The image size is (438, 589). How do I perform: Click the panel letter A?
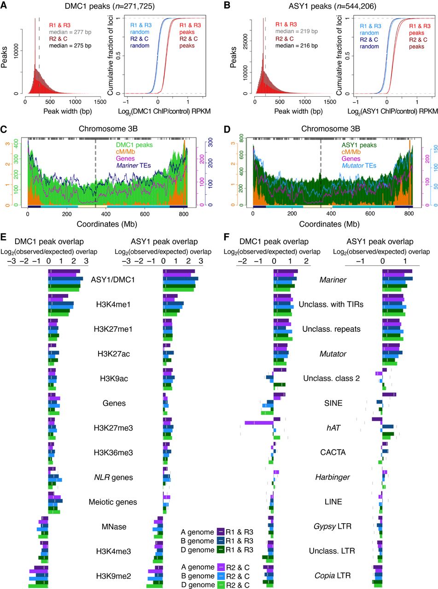click(4, 5)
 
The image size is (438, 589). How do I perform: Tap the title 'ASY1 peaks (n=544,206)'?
click(332, 6)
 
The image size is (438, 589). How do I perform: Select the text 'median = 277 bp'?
click(70, 32)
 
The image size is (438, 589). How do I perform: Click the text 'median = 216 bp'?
click(296, 46)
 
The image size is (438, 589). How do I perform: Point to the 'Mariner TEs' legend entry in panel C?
click(134, 166)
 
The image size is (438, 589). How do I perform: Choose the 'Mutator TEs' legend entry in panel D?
click(359, 166)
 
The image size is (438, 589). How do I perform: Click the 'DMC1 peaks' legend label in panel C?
click(134, 145)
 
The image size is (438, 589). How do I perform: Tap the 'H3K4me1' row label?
click(113, 304)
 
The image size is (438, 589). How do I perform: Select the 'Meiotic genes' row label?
click(113, 502)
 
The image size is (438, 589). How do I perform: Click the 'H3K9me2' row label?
click(113, 576)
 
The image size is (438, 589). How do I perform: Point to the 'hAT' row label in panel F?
click(333, 428)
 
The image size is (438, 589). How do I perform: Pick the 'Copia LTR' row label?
click(333, 576)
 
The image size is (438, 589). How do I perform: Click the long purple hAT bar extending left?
click(259, 423)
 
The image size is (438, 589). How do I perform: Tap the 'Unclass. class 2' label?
click(332, 378)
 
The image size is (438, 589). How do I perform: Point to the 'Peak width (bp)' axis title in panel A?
click(68, 111)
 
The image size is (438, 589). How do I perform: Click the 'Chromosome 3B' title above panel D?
click(331, 129)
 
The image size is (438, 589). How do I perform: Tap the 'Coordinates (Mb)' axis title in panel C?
click(107, 224)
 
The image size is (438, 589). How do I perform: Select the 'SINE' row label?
click(333, 403)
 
